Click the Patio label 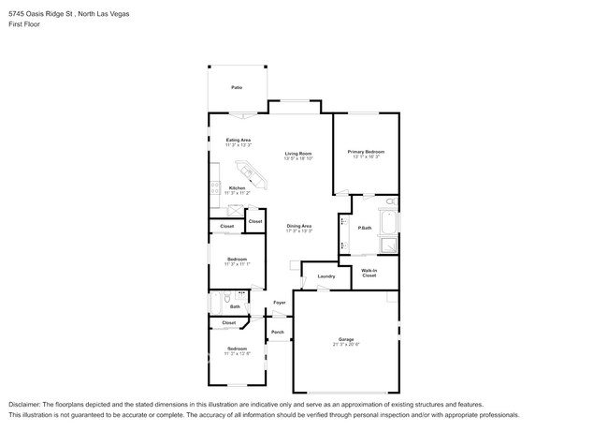coord(237,87)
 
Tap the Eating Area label coord(238,140)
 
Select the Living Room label coord(298,153)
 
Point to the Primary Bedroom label coord(366,151)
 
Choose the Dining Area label coord(298,226)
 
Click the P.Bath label coord(364,227)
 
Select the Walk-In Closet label coord(369,273)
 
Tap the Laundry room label coord(326,276)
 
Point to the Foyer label coord(279,303)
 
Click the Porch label coord(278,332)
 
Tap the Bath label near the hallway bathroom coord(235,305)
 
